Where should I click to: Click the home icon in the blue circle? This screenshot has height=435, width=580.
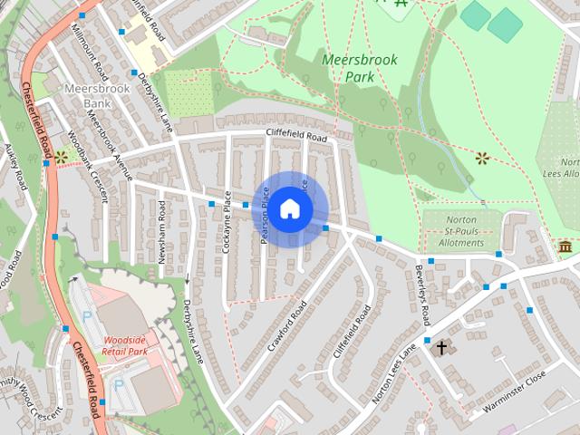pos(289,209)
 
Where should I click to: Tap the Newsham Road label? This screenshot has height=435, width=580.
pos(163,232)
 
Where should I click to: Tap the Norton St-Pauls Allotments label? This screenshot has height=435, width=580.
pos(460,232)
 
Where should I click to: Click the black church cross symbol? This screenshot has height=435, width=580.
pos(442,347)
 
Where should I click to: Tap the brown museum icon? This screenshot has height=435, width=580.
pos(565,247)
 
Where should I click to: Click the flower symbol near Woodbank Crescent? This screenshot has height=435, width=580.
pos(61,157)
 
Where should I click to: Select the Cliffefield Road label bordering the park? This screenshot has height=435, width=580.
pos(295,136)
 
